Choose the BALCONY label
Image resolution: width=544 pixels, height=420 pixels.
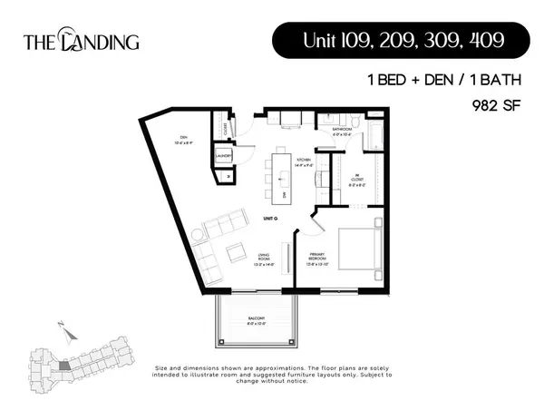click(x=257, y=319)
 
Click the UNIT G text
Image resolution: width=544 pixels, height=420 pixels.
click(x=269, y=219)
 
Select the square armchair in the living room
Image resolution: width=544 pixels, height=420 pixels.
click(x=234, y=251)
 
